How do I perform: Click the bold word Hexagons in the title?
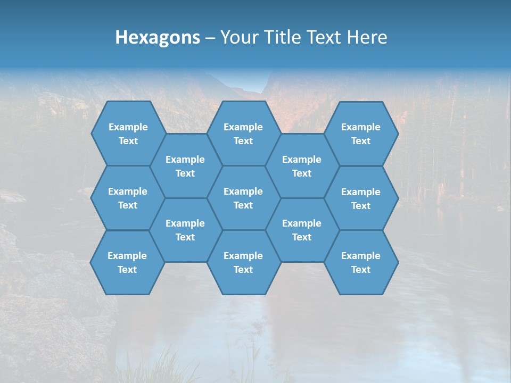coord(158,37)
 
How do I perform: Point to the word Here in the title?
coord(367,37)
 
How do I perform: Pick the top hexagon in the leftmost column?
coord(128,134)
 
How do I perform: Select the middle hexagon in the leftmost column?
coord(128,198)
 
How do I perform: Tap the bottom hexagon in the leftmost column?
coord(127,262)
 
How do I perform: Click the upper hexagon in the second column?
coord(185,166)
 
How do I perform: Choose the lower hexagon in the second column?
coord(185,230)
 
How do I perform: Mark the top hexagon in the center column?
coord(243,134)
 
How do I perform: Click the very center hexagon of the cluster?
coord(243,198)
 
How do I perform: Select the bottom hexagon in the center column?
coord(243,262)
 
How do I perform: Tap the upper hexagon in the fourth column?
coord(302,166)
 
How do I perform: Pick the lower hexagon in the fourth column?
coord(302,230)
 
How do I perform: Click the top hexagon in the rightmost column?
coord(361,134)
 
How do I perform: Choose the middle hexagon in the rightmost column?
coord(361,198)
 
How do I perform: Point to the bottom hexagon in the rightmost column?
coord(361,262)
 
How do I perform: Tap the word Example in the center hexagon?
coord(243,191)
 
